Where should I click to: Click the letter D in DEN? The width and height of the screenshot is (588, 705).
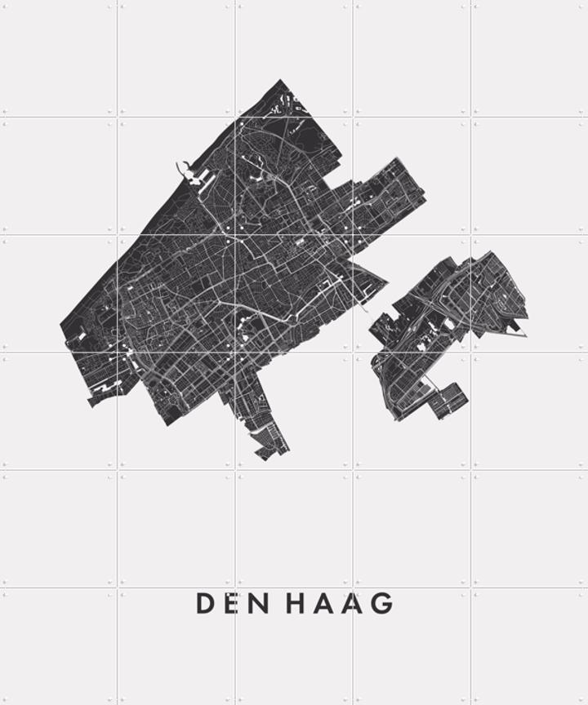point(205,604)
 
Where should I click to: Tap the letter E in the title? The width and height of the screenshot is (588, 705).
point(231,604)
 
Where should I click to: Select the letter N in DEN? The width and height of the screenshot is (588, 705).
point(257,604)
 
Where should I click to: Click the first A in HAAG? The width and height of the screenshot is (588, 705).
point(324,604)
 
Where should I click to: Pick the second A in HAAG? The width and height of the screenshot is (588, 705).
point(353,604)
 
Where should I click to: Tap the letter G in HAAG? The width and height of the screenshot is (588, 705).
point(382,604)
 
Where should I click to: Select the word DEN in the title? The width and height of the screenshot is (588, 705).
point(231,604)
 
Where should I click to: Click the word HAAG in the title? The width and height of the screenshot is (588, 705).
point(340,604)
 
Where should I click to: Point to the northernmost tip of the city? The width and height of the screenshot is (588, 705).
point(281,80)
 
